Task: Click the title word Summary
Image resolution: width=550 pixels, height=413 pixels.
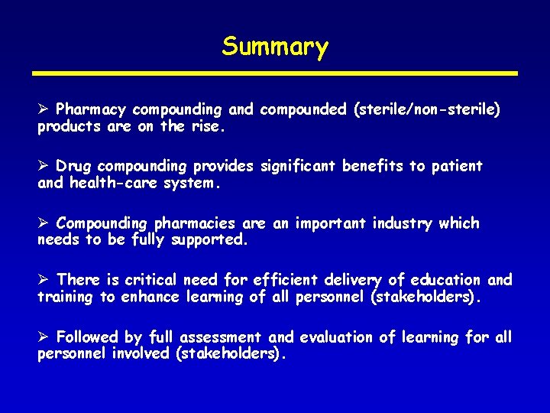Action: click(x=275, y=47)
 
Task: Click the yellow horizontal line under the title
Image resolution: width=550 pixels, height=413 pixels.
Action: click(x=275, y=73)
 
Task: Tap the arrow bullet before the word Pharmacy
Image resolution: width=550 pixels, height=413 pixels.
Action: click(x=44, y=109)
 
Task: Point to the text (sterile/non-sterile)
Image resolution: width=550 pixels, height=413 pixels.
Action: click(x=426, y=110)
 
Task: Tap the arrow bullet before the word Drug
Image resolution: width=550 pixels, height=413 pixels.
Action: click(x=44, y=166)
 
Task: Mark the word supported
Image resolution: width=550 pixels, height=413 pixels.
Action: click(x=210, y=241)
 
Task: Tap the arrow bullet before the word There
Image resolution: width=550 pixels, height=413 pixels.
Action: click(x=44, y=280)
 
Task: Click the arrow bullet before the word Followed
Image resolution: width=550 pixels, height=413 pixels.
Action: click(x=44, y=337)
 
